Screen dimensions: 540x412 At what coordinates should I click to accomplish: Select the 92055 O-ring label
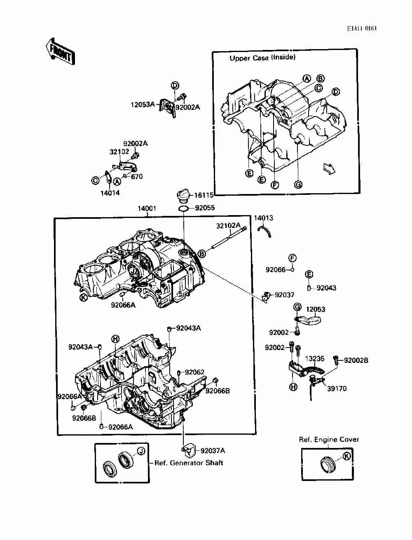205,208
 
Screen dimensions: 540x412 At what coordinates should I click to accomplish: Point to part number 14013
263,218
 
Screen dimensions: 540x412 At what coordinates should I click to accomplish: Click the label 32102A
228,225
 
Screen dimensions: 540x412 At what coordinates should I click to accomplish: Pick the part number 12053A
143,105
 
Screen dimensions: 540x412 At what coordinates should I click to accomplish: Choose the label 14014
110,193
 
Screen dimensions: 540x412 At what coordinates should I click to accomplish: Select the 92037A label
213,451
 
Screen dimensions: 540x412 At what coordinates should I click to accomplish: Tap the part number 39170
337,388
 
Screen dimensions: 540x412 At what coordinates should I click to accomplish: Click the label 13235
314,359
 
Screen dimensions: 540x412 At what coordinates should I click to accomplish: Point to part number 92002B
356,360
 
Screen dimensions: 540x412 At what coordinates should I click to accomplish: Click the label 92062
194,372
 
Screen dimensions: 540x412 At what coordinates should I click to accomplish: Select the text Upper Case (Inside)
262,58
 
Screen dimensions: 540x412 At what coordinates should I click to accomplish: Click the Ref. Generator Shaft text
188,463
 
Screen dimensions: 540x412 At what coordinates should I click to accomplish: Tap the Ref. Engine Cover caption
329,440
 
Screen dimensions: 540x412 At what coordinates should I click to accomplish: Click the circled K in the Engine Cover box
346,456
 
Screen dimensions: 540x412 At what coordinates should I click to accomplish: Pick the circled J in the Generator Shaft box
141,451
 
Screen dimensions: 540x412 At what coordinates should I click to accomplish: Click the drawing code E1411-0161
362,28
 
